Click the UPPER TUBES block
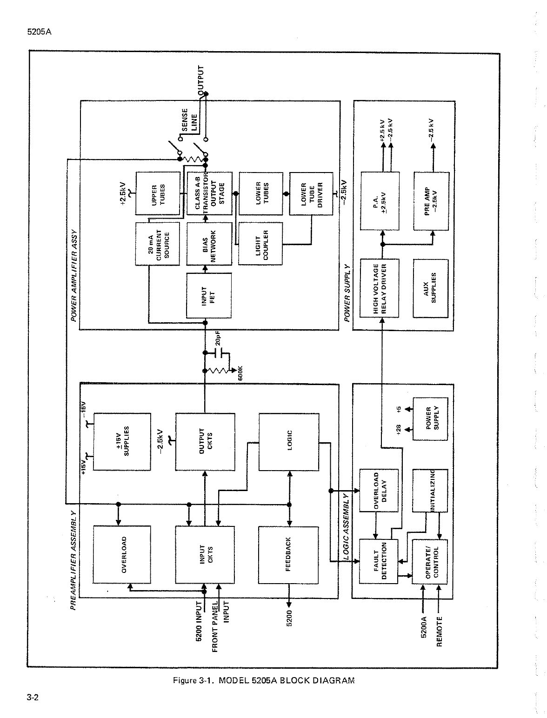coord(158,193)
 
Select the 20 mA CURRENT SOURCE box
coord(157,244)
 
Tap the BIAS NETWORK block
coord(209,244)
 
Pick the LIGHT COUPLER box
coord(260,244)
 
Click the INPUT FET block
coord(209,295)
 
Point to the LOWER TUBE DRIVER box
coord(311,193)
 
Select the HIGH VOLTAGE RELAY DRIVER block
coord(380,288)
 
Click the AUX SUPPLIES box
coord(431,288)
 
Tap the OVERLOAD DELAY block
coord(379,490)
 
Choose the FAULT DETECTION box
coord(379,561)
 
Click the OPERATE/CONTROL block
coord(429,562)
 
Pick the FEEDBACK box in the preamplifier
coord(288,555)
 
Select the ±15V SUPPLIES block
coord(122,442)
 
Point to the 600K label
coord(240,373)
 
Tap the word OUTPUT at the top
coord(200,78)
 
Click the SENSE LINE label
coord(189,120)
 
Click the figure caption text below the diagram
coord(264,680)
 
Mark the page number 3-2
coord(33,698)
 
